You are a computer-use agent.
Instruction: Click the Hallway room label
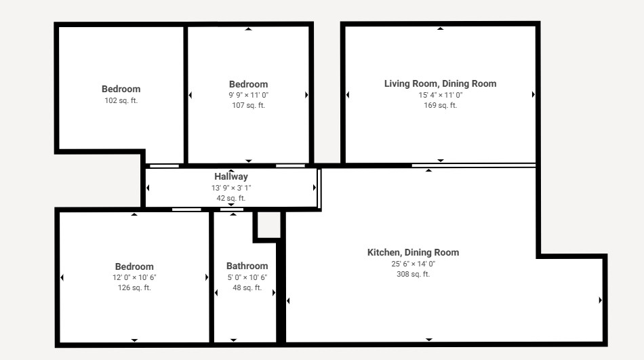tap(230, 177)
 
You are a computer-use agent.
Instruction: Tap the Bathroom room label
tap(247, 266)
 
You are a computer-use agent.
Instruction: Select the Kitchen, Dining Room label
tap(413, 252)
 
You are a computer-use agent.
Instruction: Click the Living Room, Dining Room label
tap(440, 84)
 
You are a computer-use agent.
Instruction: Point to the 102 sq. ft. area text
tap(121, 100)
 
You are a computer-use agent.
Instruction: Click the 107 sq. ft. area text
tap(249, 105)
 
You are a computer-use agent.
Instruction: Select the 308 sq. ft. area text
tap(414, 274)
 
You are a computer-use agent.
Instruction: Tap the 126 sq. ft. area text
tap(134, 287)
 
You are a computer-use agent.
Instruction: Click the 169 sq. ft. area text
tap(440, 105)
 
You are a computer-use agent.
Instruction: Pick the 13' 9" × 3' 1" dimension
tap(230, 188)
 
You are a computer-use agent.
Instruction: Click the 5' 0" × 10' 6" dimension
tap(247, 277)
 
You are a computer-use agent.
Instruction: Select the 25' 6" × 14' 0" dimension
tap(414, 264)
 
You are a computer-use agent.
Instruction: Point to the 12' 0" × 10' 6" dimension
tap(134, 277)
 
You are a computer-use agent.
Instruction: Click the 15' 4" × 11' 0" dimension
tap(440, 95)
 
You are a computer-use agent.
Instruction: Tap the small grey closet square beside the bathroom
tap(269, 224)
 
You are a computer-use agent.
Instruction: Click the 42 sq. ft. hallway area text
tap(230, 198)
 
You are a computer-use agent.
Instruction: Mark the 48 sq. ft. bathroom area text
tap(247, 287)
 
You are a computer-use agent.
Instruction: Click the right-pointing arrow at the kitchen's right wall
tap(600, 300)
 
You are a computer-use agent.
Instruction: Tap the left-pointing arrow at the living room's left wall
tap(348, 95)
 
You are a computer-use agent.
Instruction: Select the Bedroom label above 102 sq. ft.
tap(121, 89)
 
